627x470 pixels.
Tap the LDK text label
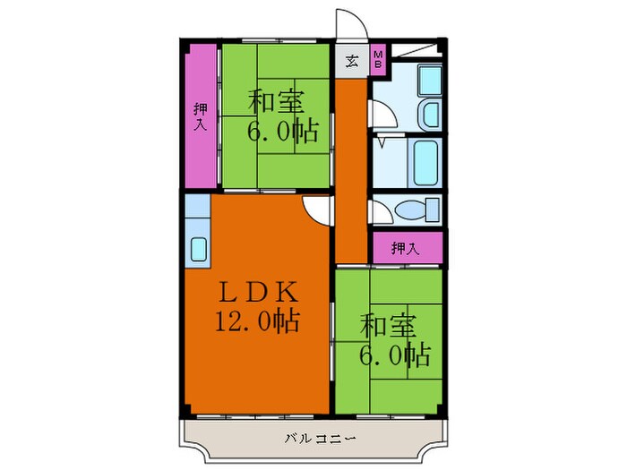[x=255, y=292]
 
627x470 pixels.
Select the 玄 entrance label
[x=352, y=62]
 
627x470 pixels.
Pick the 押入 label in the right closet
[x=406, y=248]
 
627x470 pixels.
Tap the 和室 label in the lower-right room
[x=387, y=325]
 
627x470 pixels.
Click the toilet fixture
[x=417, y=211]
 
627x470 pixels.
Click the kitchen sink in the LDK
[x=198, y=250]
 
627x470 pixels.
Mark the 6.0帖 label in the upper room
[x=283, y=132]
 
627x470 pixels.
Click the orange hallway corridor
[x=350, y=170]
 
